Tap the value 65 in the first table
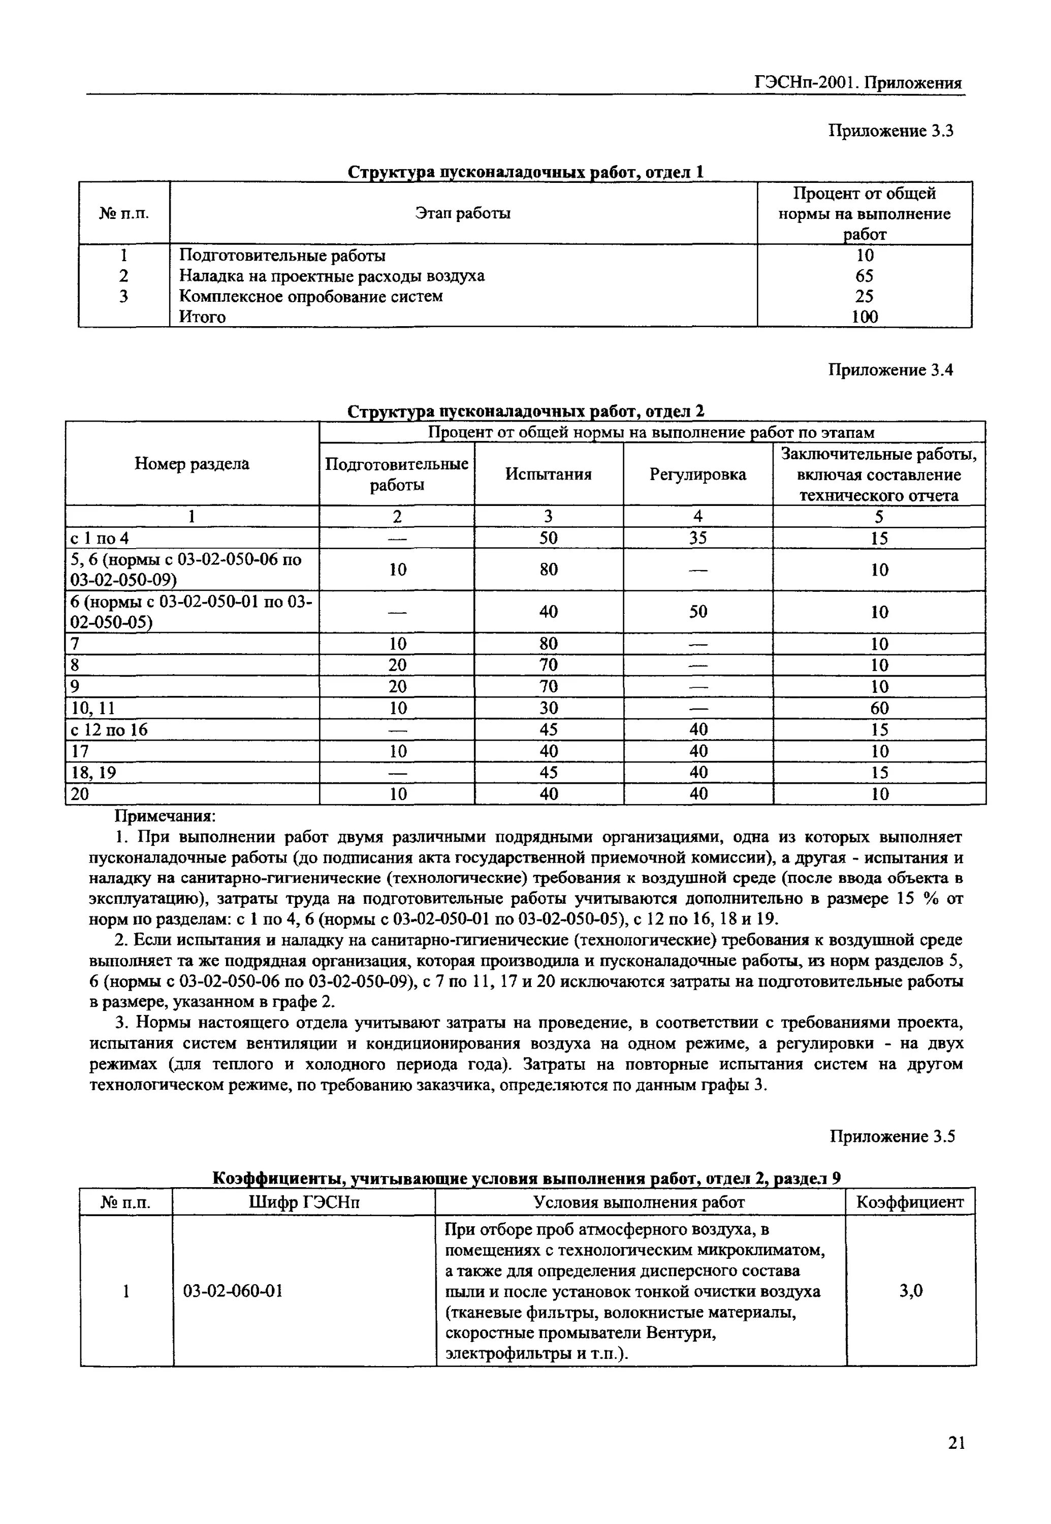pos(864,276)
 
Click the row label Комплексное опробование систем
pos(311,296)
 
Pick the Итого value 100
pos(864,317)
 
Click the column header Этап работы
pos(463,213)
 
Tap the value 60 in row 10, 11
pos(879,708)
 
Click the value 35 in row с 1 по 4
pos(698,538)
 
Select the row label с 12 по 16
pos(109,729)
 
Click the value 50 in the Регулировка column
pos(698,612)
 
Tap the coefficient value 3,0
pos(911,1291)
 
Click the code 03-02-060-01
pos(233,1291)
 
